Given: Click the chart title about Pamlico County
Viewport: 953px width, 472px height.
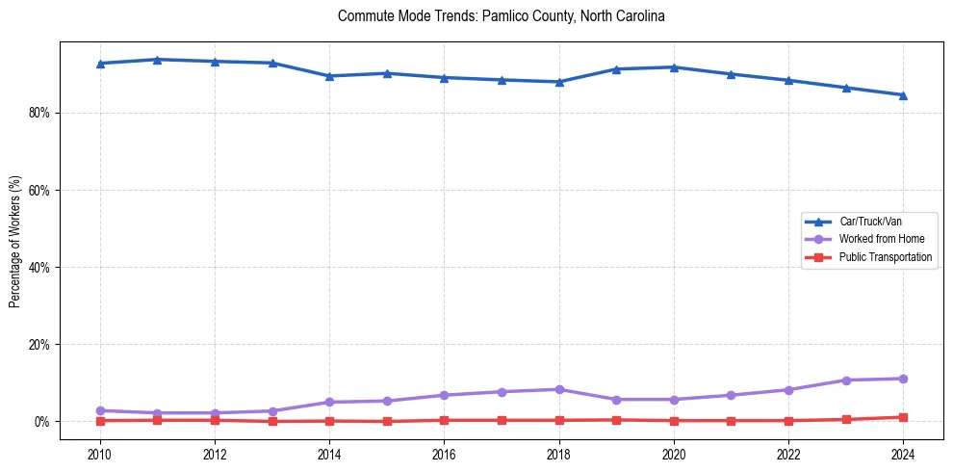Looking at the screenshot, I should pos(502,16).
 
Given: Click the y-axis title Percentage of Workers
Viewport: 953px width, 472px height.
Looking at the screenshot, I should pos(14,241).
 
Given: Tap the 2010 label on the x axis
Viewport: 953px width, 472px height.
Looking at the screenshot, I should pos(100,454).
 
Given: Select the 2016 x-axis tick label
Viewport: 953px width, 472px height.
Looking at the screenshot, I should pos(445,454).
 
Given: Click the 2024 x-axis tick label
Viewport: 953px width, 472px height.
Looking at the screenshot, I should pos(903,454).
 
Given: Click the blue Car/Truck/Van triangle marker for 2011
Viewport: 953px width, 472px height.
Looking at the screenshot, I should pos(158,60).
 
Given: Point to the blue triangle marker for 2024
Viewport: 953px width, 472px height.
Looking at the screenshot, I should pos(903,94).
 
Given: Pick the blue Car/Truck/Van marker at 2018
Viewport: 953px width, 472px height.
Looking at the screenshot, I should pos(559,82).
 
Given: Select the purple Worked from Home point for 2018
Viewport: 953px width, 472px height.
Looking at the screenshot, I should pos(559,389).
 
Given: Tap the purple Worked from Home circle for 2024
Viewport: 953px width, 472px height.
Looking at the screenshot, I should pos(903,379).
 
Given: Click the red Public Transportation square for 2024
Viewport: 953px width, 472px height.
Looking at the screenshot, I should pos(903,417).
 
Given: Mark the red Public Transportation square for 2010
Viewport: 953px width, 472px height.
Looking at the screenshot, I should pos(100,421).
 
